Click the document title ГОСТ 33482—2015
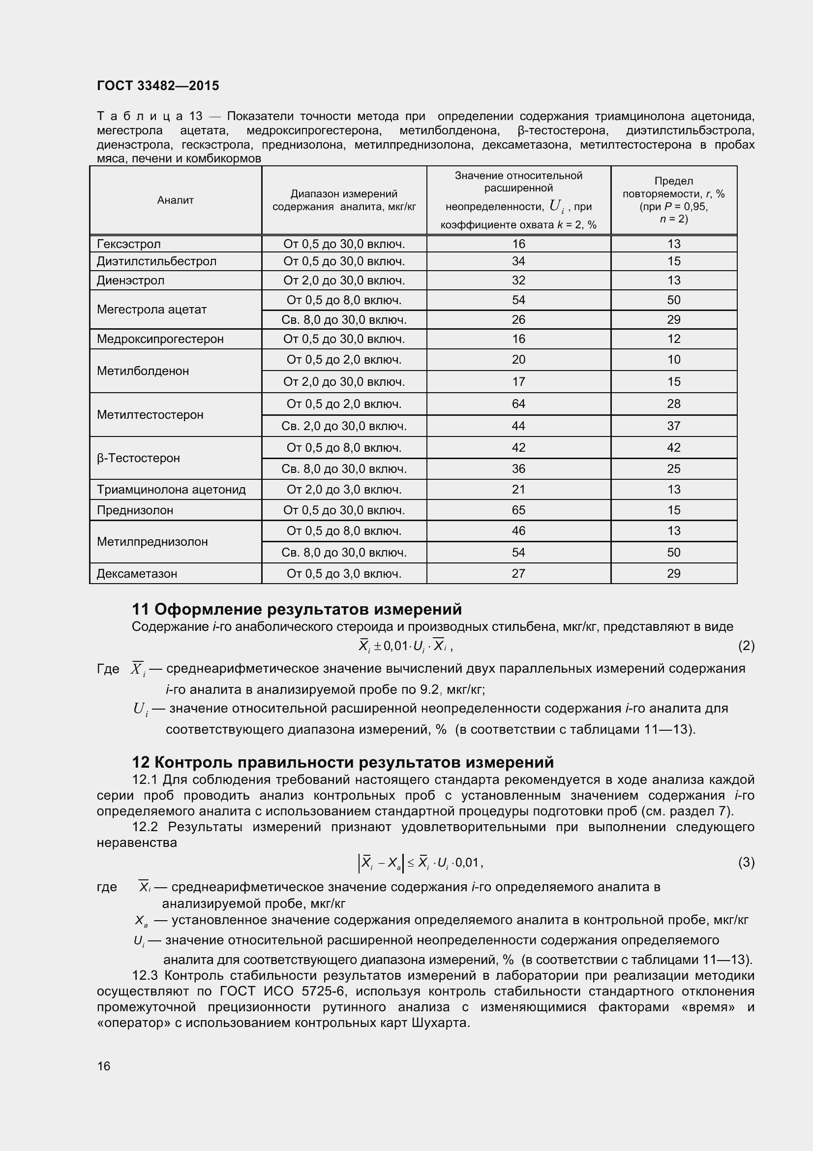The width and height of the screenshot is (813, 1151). coord(158,86)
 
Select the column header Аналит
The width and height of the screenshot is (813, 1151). coord(175,200)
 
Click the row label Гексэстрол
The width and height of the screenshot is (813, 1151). coord(129,244)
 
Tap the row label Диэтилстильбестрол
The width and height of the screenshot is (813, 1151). coord(156,261)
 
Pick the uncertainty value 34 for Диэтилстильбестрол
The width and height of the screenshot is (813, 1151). coord(518,261)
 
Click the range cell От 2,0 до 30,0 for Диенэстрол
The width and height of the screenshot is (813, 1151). coord(344,280)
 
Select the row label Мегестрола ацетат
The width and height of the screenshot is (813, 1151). coord(151,310)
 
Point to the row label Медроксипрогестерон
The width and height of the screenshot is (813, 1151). coord(160,339)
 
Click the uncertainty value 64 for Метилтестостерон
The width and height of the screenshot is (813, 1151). coord(518,404)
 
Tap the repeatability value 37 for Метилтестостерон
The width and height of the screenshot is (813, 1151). coord(674,426)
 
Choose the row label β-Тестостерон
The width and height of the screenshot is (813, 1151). coord(138,458)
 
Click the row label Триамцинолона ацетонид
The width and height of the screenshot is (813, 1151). coord(171,489)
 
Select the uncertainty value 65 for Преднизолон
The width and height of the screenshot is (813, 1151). coord(518,510)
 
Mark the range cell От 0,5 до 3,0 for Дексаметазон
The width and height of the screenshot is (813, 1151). coord(344,573)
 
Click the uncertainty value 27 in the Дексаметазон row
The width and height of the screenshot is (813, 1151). coord(518,573)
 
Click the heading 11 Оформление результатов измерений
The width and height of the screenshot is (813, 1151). coord(297,609)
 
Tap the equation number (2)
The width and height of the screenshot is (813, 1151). coord(746,646)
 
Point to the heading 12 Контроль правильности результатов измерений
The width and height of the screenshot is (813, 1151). coord(343,762)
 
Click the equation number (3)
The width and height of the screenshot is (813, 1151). coord(746,862)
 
